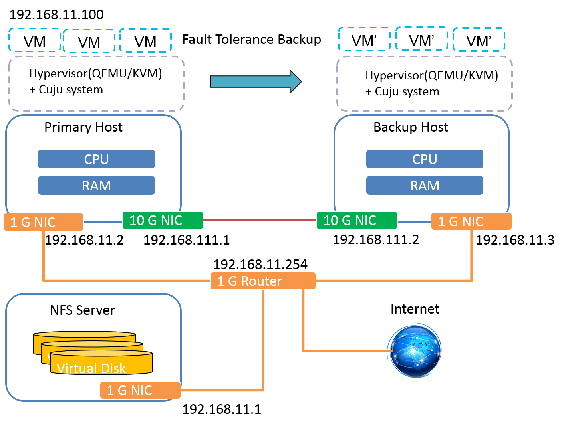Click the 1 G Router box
pyautogui.click(x=263, y=281)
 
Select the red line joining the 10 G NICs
pyautogui.click(x=260, y=220)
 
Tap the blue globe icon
pyautogui.click(x=415, y=351)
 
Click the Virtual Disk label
pyautogui.click(x=91, y=368)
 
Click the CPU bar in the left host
pyautogui.click(x=96, y=159)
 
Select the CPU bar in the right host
pyautogui.click(x=425, y=159)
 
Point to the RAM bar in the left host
pyautogui.click(x=96, y=186)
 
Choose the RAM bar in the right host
pyautogui.click(x=425, y=186)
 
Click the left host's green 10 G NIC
pyautogui.click(x=163, y=220)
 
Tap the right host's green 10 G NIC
pyautogui.click(x=357, y=220)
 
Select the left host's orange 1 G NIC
pyautogui.click(x=44, y=222)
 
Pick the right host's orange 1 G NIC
pyautogui.click(x=471, y=221)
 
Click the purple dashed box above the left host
pyautogui.click(x=96, y=84)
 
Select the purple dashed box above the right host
pyautogui.click(x=425, y=84)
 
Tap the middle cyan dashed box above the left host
pyautogui.click(x=89, y=41)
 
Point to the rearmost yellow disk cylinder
pyautogui.click(x=84, y=335)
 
